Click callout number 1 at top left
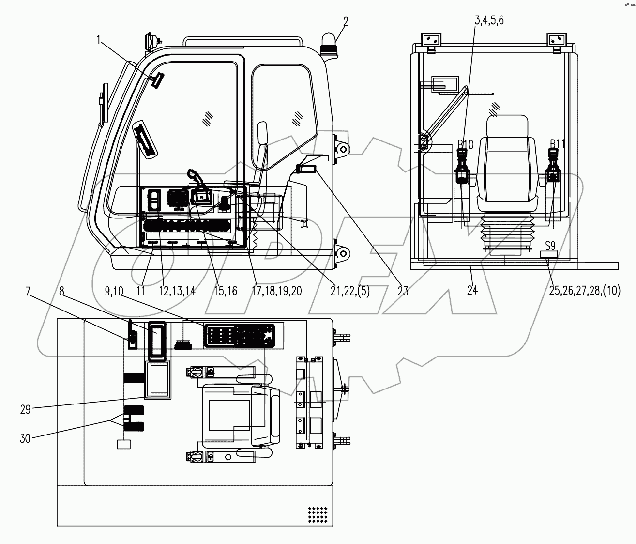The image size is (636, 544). (99, 41)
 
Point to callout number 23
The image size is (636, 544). (403, 291)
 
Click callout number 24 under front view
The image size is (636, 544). (472, 290)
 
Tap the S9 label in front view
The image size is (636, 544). (550, 245)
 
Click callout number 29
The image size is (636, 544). (25, 409)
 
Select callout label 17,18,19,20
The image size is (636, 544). (277, 291)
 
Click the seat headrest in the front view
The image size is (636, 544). (506, 126)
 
